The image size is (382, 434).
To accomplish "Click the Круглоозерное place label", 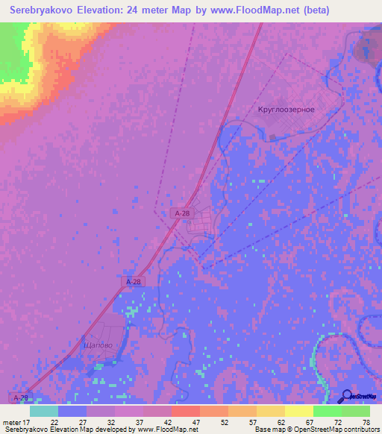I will (286, 109).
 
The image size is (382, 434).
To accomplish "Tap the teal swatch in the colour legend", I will (44, 411).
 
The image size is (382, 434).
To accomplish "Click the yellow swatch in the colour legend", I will (298, 411).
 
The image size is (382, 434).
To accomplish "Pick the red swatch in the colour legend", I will (185, 411).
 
